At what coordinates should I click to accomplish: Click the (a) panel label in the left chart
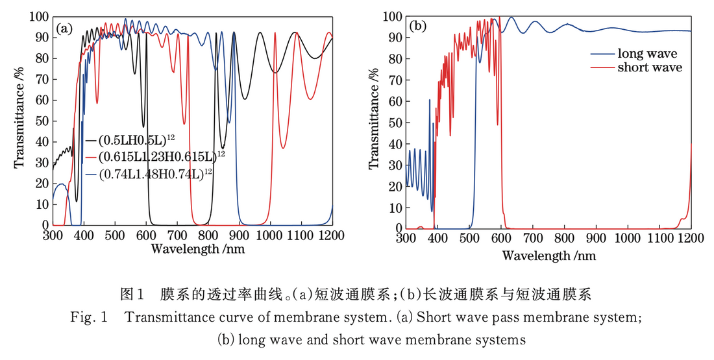click(x=64, y=29)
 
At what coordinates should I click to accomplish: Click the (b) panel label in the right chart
click(x=418, y=27)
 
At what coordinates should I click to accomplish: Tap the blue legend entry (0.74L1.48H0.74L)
click(x=156, y=173)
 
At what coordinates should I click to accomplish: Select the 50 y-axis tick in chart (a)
click(x=40, y=121)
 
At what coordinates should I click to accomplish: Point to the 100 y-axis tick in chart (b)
click(x=391, y=16)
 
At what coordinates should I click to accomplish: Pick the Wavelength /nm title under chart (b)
click(x=548, y=255)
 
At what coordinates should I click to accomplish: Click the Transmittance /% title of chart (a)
click(x=20, y=121)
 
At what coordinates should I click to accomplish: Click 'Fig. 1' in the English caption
click(x=89, y=318)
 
